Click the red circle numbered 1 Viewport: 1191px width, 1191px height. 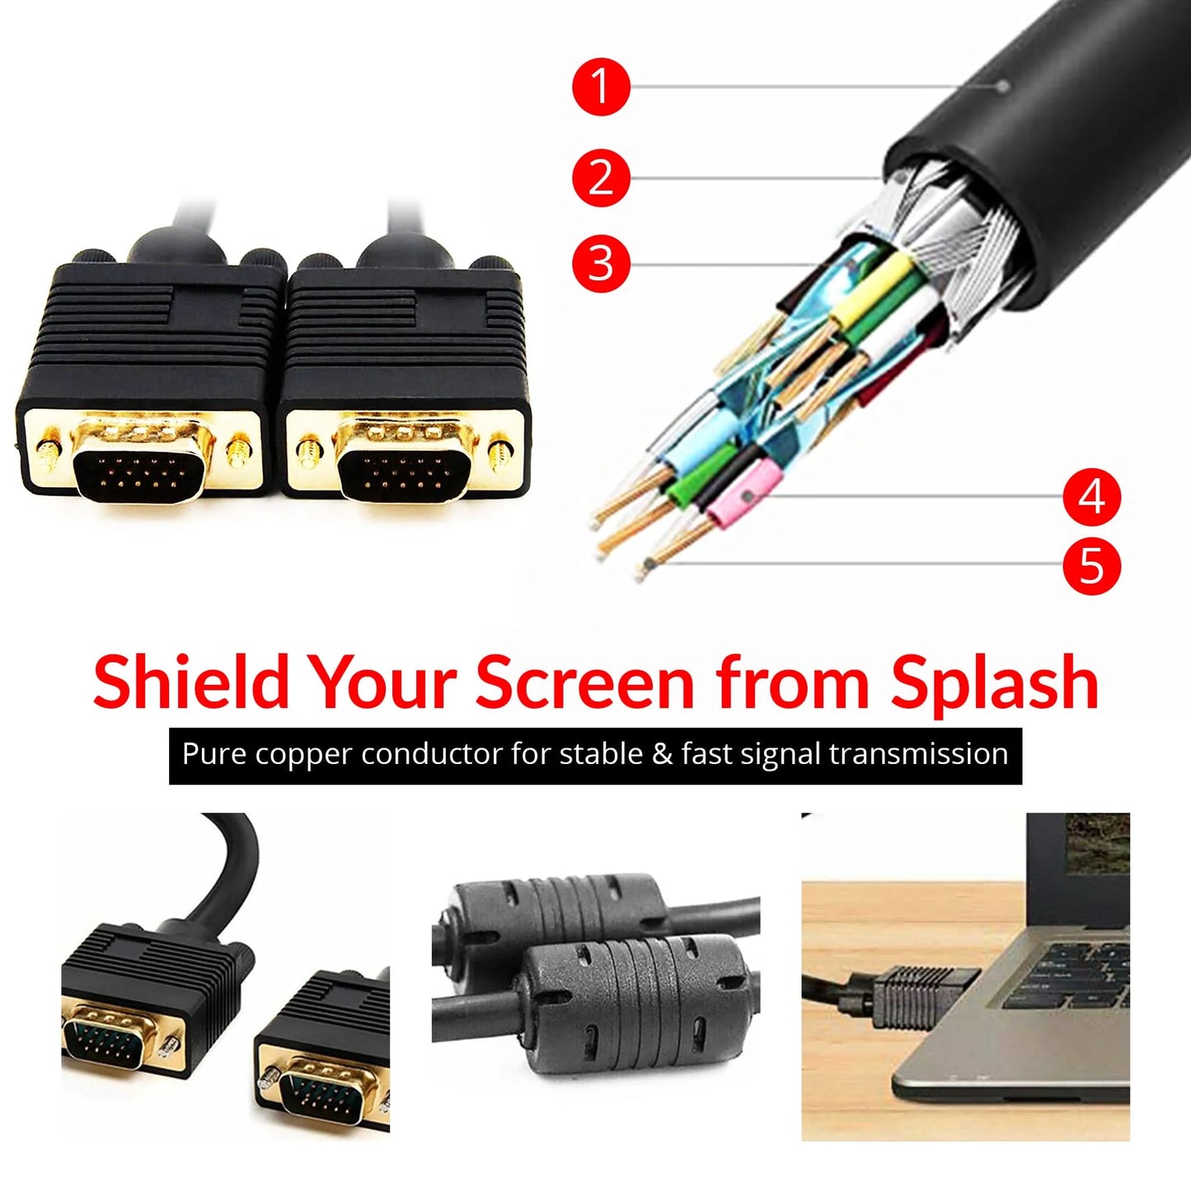[601, 86]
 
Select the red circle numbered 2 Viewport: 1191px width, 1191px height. [601, 177]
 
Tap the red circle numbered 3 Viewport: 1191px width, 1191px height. [601, 264]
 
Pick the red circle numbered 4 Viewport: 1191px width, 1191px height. [1091, 497]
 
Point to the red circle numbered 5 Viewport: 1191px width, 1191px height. [1091, 565]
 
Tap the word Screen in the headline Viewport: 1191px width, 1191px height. [584, 682]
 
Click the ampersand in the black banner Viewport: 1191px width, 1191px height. [662, 754]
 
